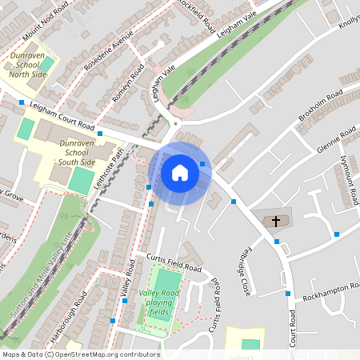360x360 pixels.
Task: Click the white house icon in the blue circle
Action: (x=180, y=173)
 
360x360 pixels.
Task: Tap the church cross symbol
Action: (x=277, y=220)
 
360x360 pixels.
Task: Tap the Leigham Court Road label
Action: (x=62, y=116)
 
